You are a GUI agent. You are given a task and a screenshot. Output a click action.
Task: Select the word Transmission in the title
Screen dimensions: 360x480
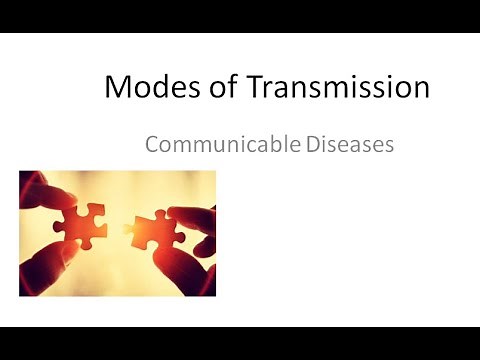tap(332, 88)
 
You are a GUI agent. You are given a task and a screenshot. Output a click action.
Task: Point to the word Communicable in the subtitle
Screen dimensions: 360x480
tap(222, 144)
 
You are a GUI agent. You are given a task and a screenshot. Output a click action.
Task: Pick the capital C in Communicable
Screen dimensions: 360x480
tap(152, 144)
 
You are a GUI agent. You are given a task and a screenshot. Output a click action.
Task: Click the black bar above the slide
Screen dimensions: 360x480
tap(240, 16)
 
